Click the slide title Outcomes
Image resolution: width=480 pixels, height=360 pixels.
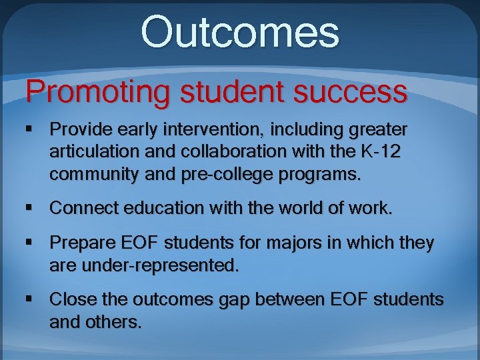click(x=240, y=33)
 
